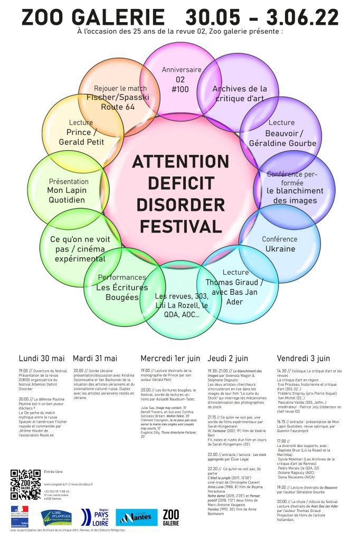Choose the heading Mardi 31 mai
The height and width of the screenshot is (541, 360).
95,358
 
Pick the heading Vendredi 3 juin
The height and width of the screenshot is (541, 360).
304,358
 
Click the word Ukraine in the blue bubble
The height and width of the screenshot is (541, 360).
280,248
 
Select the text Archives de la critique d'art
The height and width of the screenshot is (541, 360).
240,93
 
